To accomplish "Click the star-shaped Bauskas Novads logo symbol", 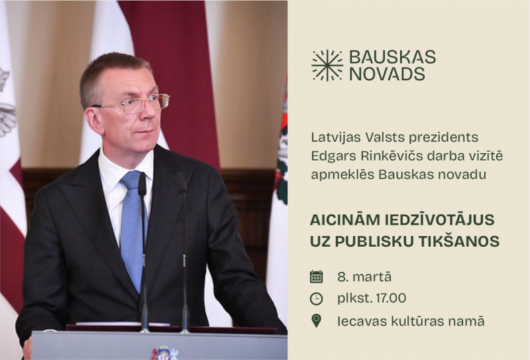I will pyautogui.click(x=327, y=65).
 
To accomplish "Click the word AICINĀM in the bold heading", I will pyautogui.click(x=343, y=219).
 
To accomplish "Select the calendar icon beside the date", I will pyautogui.click(x=317, y=276).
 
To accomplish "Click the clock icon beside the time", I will pyautogui.click(x=317, y=298).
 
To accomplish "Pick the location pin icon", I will pyautogui.click(x=317, y=321).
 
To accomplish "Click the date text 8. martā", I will pyautogui.click(x=364, y=276).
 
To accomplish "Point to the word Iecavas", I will pyautogui.click(x=360, y=321).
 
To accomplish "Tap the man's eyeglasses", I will pyautogui.click(x=136, y=104).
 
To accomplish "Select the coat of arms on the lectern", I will pyautogui.click(x=164, y=353).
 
